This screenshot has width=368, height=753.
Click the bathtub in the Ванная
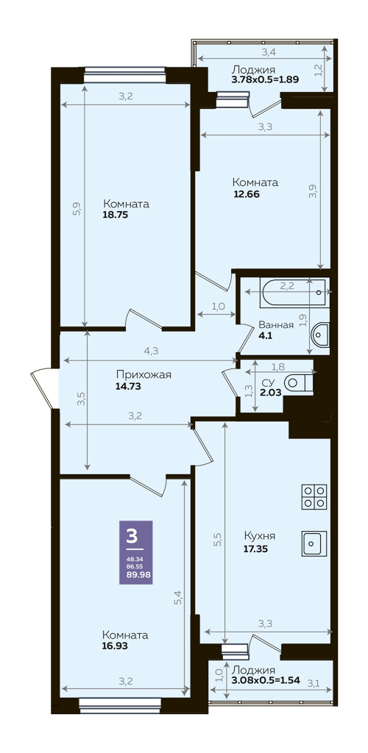(294, 292)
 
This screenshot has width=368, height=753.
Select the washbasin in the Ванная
(320, 335)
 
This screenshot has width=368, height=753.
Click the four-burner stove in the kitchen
(314, 497)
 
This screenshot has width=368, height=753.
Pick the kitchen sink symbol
(314, 543)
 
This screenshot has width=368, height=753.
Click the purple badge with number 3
(136, 552)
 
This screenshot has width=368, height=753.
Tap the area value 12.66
(246, 193)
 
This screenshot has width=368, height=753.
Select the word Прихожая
(144, 375)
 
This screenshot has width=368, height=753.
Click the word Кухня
(259, 536)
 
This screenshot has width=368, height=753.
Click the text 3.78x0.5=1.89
(266, 79)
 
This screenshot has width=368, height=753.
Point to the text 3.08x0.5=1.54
(266, 680)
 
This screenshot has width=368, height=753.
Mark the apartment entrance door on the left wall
(44, 388)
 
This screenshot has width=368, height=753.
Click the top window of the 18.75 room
(125, 75)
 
